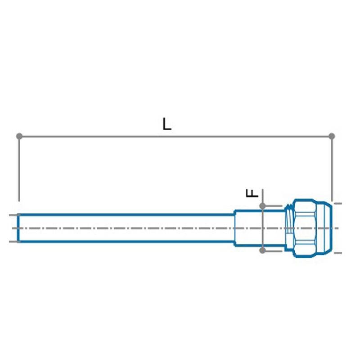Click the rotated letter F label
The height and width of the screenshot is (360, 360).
click(252, 193)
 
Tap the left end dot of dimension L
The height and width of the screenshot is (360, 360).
click(19, 136)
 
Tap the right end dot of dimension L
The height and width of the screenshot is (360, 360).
click(332, 136)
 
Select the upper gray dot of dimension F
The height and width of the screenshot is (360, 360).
click(263, 206)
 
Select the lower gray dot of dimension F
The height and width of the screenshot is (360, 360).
click(263, 250)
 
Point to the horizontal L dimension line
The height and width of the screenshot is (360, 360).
click(175, 136)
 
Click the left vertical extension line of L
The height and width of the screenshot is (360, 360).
click(19, 169)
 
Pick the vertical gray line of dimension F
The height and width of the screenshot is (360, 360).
click(263, 220)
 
